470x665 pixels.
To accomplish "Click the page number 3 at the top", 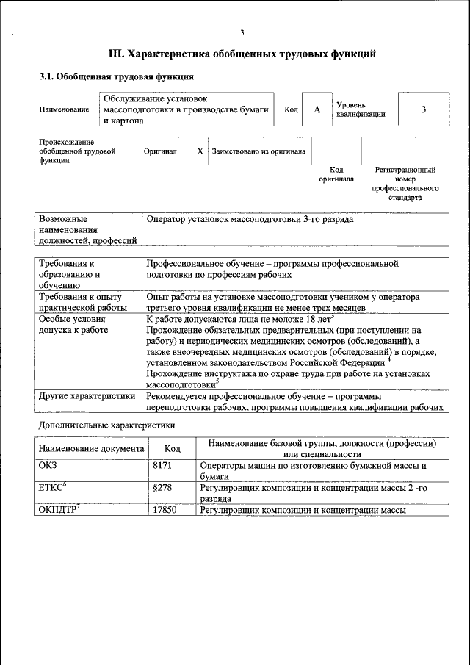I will point(242,32).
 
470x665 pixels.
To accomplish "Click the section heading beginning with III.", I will point(242,54).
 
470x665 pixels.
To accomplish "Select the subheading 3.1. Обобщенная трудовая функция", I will point(116,76).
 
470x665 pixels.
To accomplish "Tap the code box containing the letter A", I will point(317,109).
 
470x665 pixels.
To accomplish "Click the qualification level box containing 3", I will point(423,109).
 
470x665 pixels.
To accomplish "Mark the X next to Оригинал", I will point(199,151).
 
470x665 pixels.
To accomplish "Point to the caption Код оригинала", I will point(336,174).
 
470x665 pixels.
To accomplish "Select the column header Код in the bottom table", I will point(172,448).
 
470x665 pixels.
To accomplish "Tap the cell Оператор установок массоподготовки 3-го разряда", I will point(250,219).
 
